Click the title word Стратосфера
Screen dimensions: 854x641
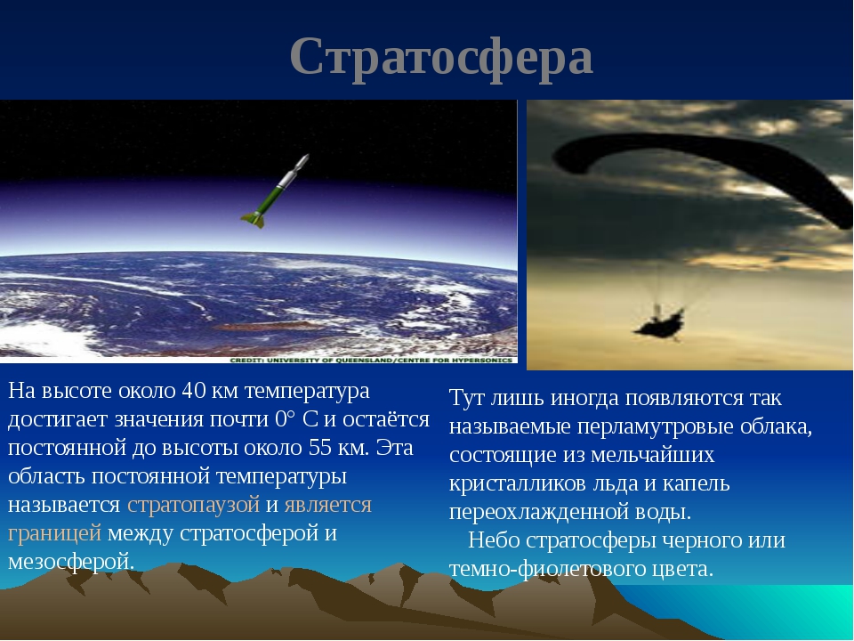(x=441, y=58)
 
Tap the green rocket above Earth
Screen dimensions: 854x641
(x=276, y=191)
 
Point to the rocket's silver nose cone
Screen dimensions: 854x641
(x=302, y=163)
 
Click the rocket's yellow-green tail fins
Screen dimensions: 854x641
(x=254, y=219)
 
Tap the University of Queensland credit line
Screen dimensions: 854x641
(x=372, y=361)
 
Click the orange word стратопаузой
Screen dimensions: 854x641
(x=193, y=504)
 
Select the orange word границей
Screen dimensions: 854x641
(x=54, y=533)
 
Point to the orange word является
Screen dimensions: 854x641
(x=328, y=504)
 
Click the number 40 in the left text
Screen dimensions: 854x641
(x=193, y=390)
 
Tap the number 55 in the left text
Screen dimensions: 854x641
(x=320, y=447)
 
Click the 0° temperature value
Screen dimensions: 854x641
(x=286, y=418)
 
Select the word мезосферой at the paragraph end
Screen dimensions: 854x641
(x=71, y=562)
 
